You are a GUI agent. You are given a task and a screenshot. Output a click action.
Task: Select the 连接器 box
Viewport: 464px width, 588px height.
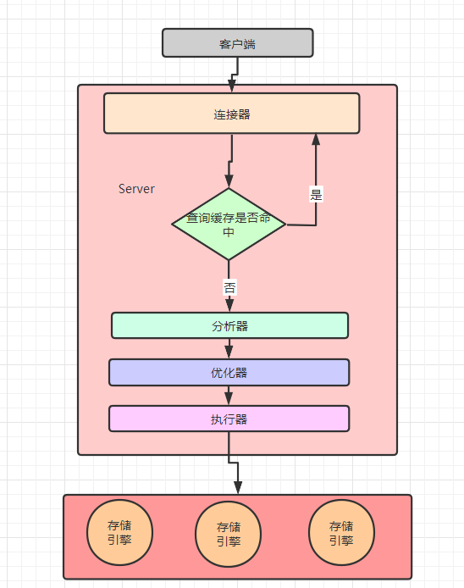click(x=231, y=114)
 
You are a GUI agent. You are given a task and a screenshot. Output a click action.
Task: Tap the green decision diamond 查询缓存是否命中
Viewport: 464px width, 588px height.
click(x=229, y=225)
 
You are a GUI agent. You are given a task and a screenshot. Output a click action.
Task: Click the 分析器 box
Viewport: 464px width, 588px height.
click(x=229, y=325)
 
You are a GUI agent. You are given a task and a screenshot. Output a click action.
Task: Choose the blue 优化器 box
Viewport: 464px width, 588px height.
click(x=229, y=372)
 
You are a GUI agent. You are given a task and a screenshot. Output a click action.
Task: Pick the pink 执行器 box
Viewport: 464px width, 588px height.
click(x=229, y=419)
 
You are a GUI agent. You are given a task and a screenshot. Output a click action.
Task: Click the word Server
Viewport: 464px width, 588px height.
click(x=136, y=189)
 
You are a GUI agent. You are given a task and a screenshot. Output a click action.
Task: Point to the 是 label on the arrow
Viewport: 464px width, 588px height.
click(x=316, y=195)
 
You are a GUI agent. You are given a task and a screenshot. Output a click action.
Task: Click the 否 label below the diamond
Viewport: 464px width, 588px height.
click(x=229, y=287)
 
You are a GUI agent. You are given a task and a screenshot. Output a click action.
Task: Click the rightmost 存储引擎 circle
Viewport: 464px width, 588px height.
click(x=341, y=533)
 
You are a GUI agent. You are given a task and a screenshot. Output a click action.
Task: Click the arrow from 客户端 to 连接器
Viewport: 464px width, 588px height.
click(x=232, y=77)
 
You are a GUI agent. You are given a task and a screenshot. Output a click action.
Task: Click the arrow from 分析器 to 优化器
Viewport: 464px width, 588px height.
click(x=229, y=348)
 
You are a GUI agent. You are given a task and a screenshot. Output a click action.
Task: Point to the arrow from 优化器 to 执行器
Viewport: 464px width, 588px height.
click(x=229, y=395)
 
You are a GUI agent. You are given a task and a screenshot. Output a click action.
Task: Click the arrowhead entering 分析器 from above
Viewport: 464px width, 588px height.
click(x=229, y=306)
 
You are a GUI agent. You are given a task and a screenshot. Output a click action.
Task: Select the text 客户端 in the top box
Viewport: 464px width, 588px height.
click(x=237, y=43)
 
